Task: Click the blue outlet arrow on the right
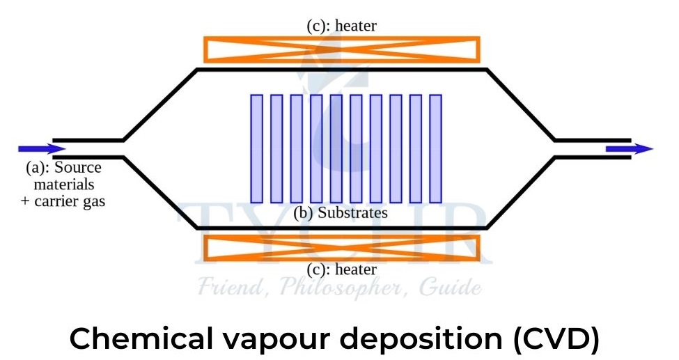coord(629,148)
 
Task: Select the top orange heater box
coord(341,49)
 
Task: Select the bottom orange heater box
coord(341,248)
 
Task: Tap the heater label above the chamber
coord(341,26)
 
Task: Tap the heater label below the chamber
coord(341,269)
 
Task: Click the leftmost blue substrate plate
coord(256,148)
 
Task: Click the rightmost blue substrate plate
coord(436,148)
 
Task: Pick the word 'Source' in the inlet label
coord(78,168)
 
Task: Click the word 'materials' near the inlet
coord(63,185)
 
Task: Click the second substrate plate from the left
coord(276,148)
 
